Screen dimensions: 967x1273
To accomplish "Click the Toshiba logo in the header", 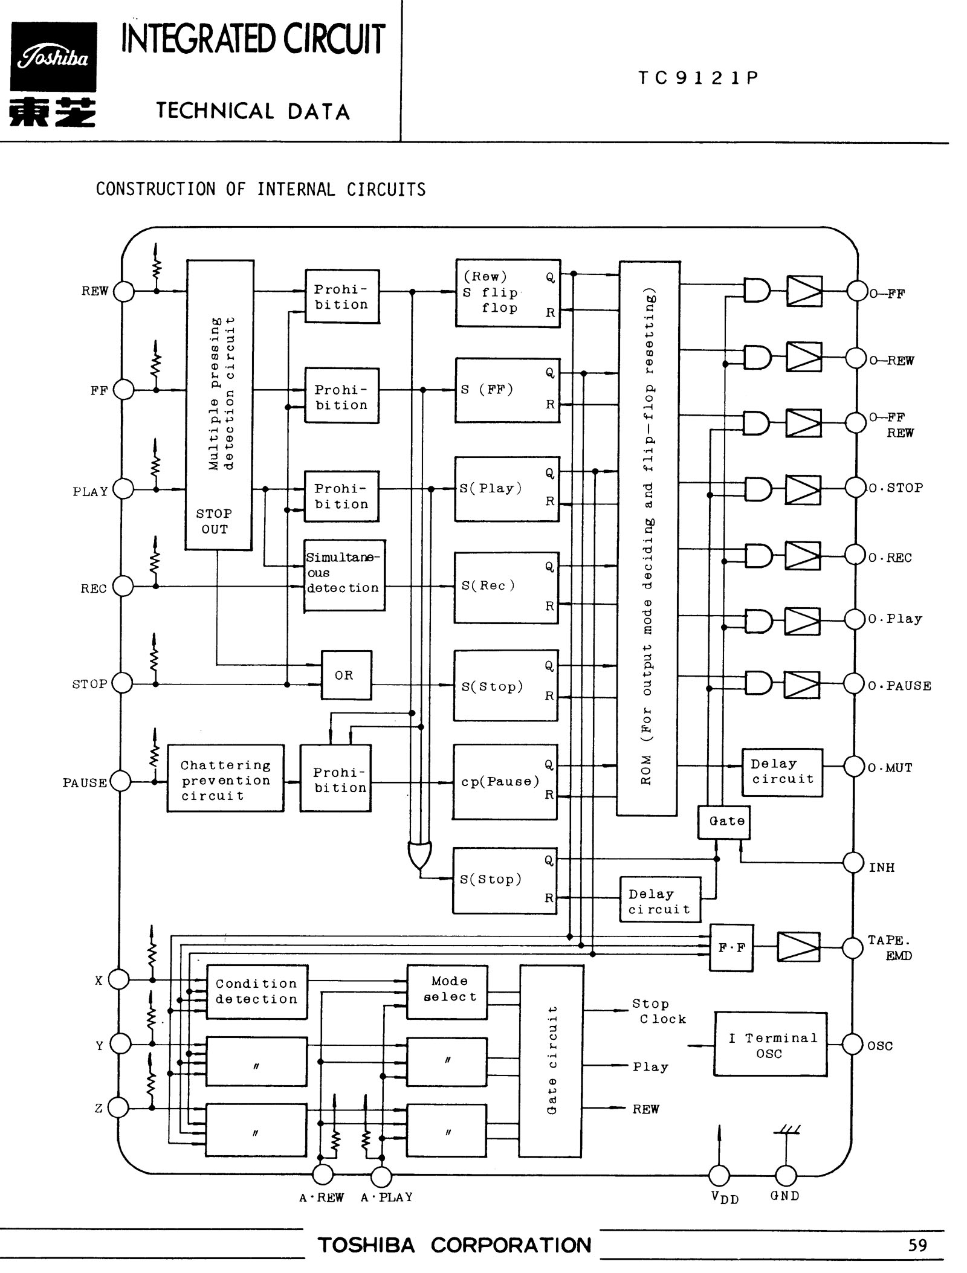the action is click(53, 57).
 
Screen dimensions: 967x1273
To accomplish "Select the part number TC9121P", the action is click(698, 78).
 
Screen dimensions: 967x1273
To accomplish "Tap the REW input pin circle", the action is click(124, 292).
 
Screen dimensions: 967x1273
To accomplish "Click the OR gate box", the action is click(346, 675).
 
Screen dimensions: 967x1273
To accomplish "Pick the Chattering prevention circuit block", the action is click(225, 778).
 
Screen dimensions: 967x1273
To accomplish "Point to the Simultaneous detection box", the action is click(344, 575).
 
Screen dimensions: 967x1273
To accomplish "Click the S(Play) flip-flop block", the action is click(507, 489).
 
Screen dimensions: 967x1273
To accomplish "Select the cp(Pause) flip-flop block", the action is click(505, 782).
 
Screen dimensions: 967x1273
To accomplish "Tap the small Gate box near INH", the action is click(724, 822).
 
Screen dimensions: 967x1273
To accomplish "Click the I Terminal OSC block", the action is click(771, 1045).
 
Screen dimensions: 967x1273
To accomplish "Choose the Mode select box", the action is click(447, 989).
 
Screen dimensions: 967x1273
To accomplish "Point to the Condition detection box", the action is click(257, 991).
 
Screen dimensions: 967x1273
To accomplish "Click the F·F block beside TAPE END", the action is click(731, 947).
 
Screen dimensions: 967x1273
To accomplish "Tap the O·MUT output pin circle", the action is click(855, 767).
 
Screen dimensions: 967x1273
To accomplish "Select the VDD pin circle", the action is click(719, 1175).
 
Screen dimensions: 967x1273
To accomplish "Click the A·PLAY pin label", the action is click(387, 1197).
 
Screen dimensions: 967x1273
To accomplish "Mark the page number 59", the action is click(917, 1245).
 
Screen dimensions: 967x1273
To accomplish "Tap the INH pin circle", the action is click(853, 863).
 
